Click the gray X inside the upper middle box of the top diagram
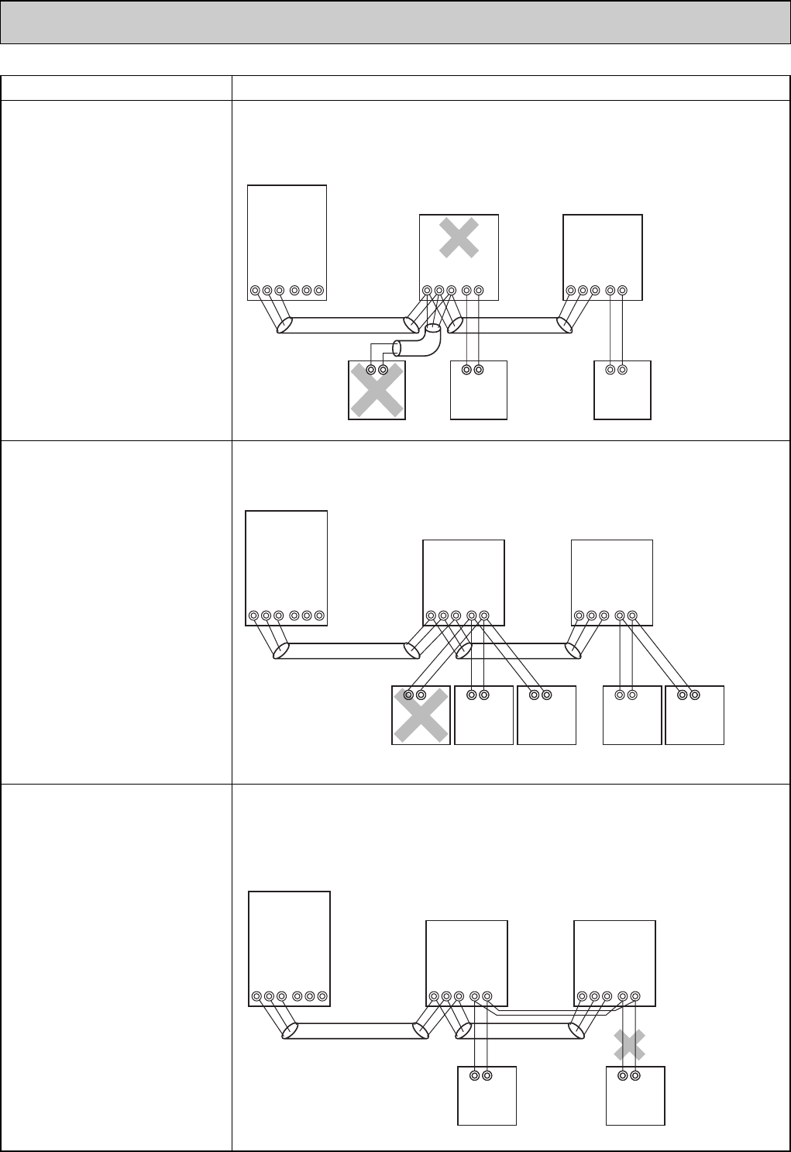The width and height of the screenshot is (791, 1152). pos(459,237)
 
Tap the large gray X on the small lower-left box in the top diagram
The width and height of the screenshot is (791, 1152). pos(377,391)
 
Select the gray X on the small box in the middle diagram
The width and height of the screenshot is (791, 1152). pos(421,716)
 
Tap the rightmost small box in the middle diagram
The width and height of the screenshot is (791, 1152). pos(695,716)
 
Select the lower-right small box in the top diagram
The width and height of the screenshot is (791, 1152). pos(622,391)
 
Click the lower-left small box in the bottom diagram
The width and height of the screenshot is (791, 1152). pos(487,1095)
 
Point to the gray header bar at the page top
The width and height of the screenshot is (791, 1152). pos(395,22)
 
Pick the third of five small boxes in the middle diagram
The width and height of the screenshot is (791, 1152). pos(546,716)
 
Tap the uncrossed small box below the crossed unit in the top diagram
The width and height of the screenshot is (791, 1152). pos(479,391)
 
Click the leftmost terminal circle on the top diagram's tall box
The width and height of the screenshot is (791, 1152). pos(255,291)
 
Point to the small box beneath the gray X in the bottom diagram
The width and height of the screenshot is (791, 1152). pos(635,1095)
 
